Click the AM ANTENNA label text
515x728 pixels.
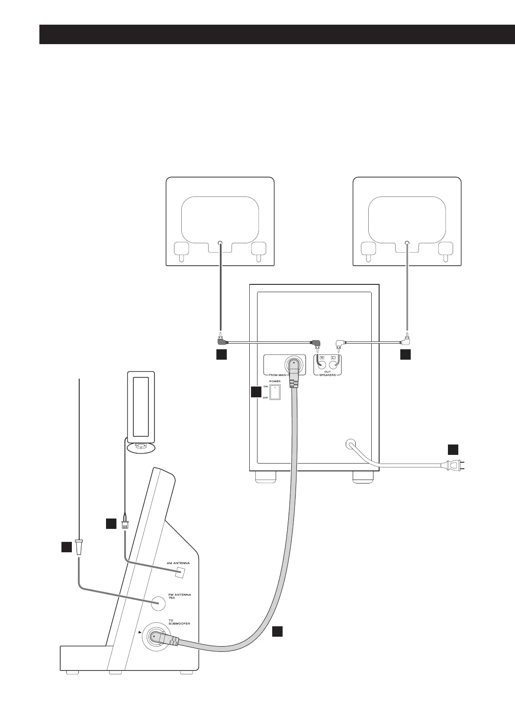coord(178,564)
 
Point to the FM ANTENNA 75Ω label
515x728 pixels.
coord(180,597)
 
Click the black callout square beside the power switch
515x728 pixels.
coord(256,392)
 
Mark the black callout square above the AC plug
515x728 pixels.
coord(453,449)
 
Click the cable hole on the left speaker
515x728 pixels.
coord(220,244)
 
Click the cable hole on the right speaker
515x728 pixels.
coord(407,244)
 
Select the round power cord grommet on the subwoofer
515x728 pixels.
coord(351,444)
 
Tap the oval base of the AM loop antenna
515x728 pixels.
coord(139,448)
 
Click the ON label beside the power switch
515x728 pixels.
coord(266,386)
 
